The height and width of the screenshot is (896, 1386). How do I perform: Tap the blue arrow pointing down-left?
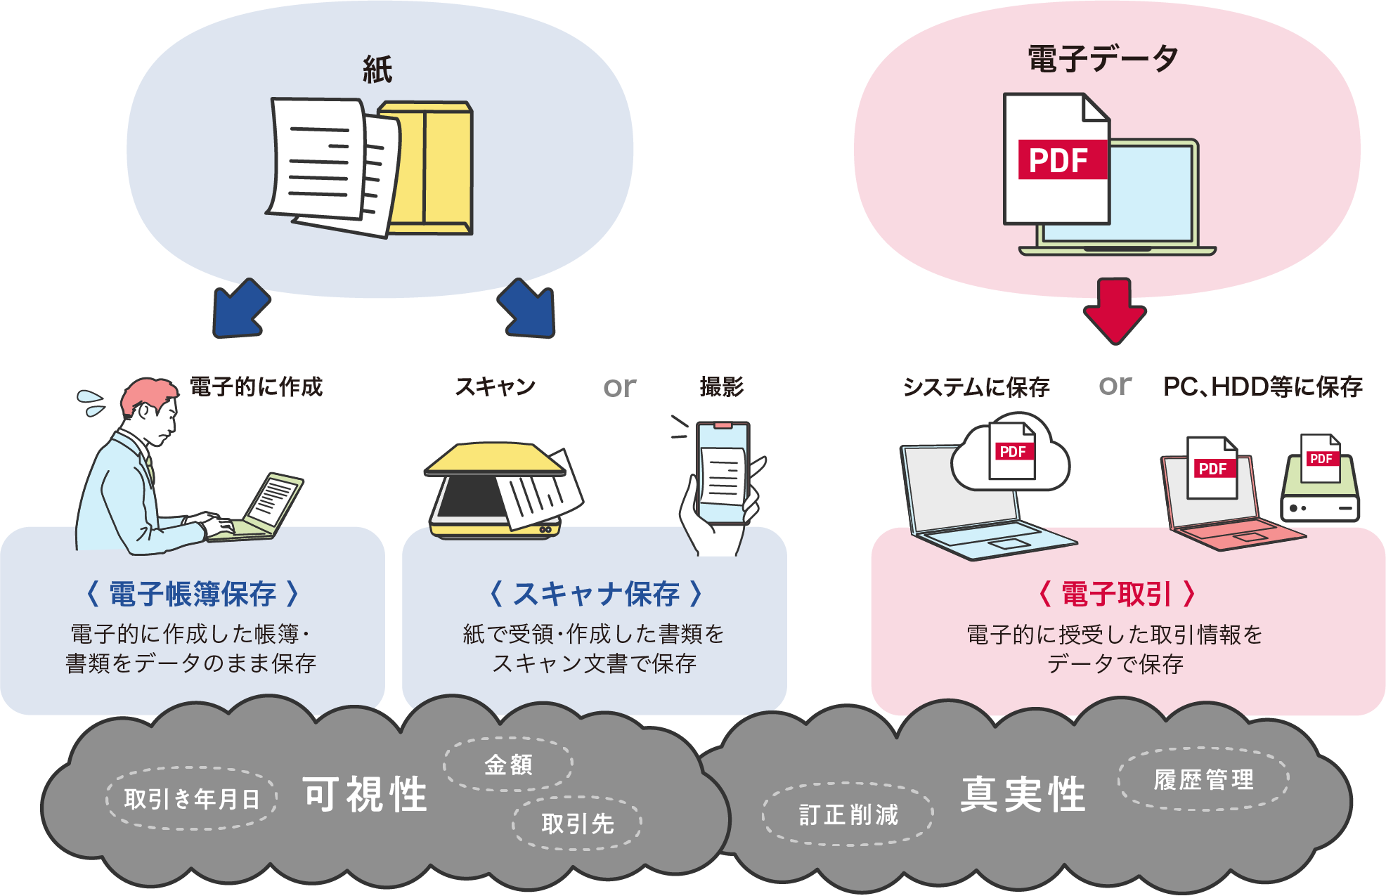click(240, 310)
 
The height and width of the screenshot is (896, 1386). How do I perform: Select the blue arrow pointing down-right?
click(529, 310)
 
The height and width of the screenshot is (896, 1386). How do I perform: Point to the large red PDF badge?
click(1061, 160)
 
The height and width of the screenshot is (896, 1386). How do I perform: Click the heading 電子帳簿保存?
click(193, 595)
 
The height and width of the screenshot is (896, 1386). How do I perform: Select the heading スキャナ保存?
click(595, 595)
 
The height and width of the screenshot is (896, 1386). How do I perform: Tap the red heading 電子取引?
click(1116, 595)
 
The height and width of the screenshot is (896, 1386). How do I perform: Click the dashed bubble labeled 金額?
click(508, 765)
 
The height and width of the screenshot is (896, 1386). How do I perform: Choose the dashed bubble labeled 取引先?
click(577, 824)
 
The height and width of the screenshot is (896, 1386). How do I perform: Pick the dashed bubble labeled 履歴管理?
click(1203, 779)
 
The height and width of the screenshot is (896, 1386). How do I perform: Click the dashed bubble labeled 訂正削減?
click(848, 814)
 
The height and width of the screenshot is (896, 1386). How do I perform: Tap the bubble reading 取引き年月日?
click(192, 798)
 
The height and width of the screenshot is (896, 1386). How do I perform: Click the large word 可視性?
click(365, 795)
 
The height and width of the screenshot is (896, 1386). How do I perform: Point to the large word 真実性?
click(1023, 795)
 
